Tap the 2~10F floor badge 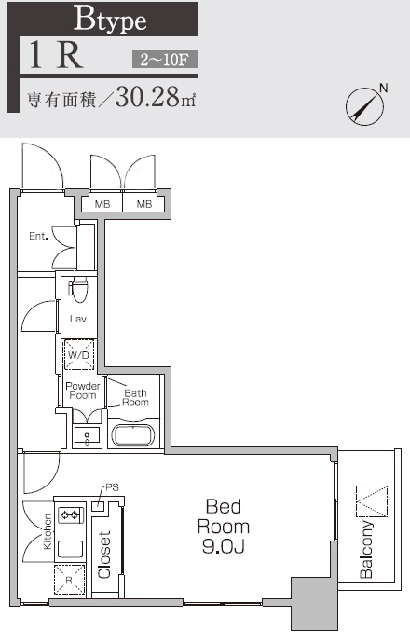pyautogui.click(x=163, y=61)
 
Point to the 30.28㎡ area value pyautogui.click(x=157, y=98)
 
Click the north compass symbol pyautogui.click(x=365, y=105)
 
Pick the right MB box pyautogui.click(x=143, y=204)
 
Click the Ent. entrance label pyautogui.click(x=38, y=236)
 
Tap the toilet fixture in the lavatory pyautogui.click(x=78, y=290)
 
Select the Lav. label pyautogui.click(x=78, y=319)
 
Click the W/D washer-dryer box pyautogui.click(x=77, y=355)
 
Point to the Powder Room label pyautogui.click(x=82, y=391)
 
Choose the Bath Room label pyautogui.click(x=135, y=398)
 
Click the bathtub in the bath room pyautogui.click(x=135, y=435)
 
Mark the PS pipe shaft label pyautogui.click(x=112, y=487)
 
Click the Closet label pyautogui.click(x=105, y=555)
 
